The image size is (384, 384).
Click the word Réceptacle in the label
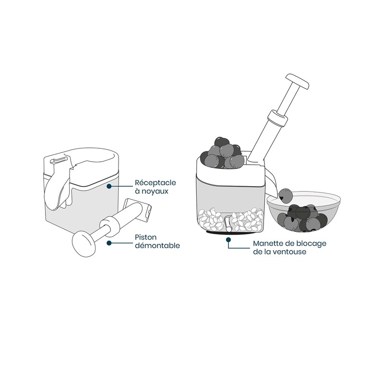tap(150, 183)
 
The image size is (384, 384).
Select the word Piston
tap(145, 237)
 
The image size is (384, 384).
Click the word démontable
tap(157, 246)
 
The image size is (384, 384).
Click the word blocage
tap(312, 243)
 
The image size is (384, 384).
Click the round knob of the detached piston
tap(84, 243)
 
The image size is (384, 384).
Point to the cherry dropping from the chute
tap(287, 195)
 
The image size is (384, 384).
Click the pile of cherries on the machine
tap(224, 152)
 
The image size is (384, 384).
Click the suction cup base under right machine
tap(226, 234)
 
